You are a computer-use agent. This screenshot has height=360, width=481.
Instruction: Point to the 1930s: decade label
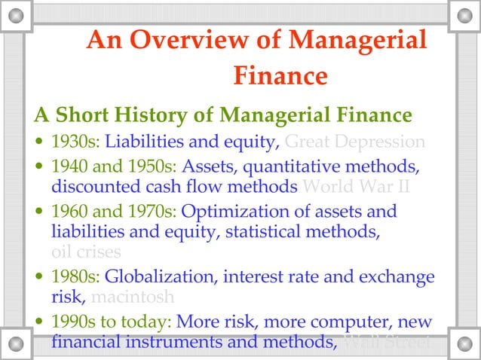[75, 142]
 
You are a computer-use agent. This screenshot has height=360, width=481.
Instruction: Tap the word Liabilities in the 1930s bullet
[140, 142]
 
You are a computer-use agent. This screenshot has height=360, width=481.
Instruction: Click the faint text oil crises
[86, 252]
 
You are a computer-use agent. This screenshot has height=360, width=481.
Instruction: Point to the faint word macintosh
[136, 297]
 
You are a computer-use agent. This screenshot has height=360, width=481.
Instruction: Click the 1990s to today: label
[112, 322]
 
